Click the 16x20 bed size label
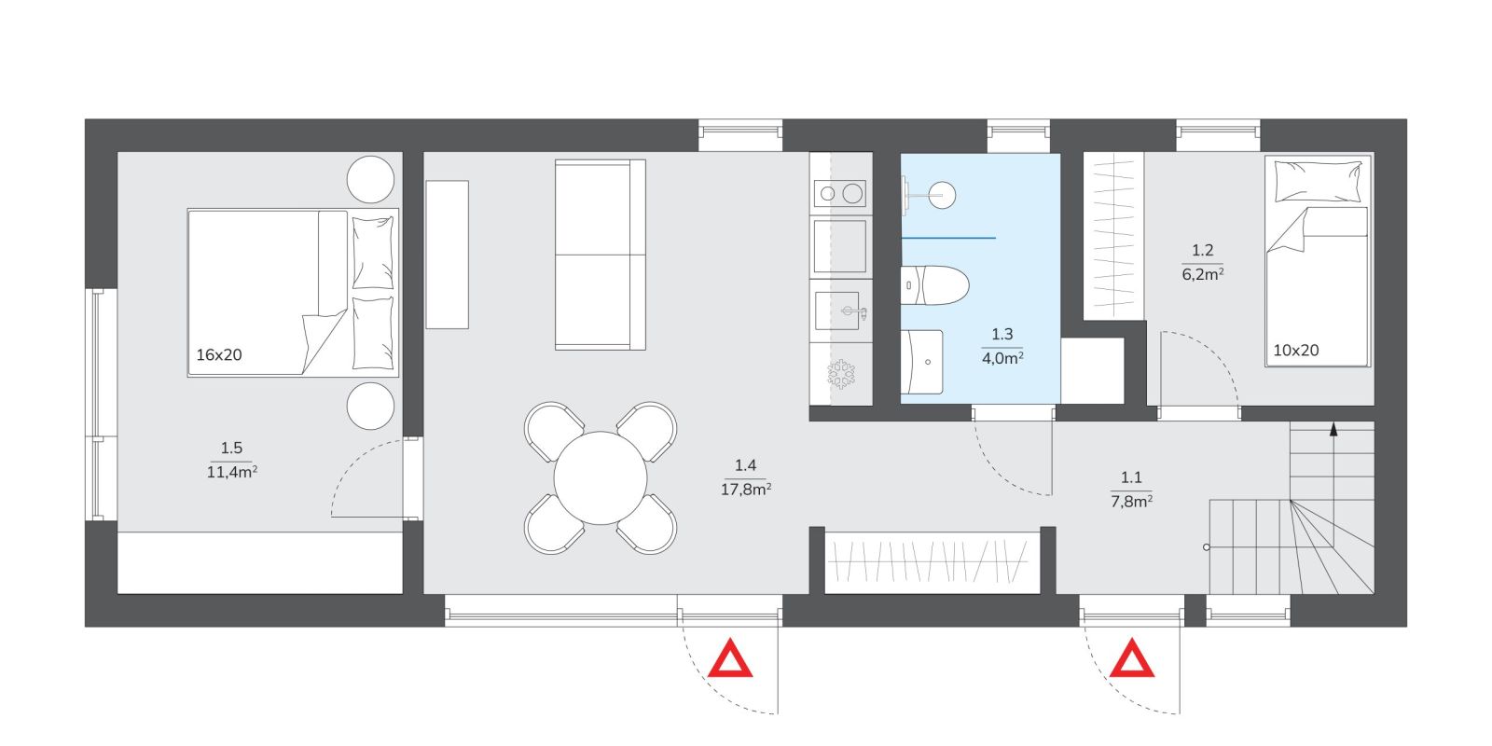click(218, 355)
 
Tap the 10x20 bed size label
click(1295, 351)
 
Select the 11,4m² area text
click(232, 472)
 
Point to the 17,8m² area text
click(745, 490)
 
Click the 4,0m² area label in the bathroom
click(1002, 358)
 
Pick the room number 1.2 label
click(1202, 251)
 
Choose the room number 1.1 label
click(1131, 477)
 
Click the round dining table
click(601, 478)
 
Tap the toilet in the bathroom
click(934, 285)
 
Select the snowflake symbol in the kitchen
click(841, 374)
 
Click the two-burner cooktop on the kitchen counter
click(839, 194)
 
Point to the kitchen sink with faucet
click(840, 311)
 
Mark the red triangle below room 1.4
click(730, 659)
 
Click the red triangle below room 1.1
click(1132, 659)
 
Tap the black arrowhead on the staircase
click(1333, 429)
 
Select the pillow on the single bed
click(1318, 181)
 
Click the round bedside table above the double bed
click(370, 179)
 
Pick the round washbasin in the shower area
click(942, 195)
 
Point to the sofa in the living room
click(601, 255)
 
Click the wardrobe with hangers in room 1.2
click(1113, 236)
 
